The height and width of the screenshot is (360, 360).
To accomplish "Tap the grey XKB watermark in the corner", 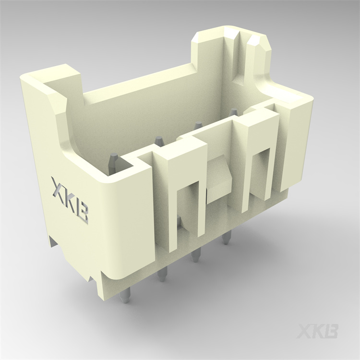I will pyautogui.click(x=317, y=331).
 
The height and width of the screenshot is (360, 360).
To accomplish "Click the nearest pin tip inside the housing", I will pyautogui.click(x=114, y=158).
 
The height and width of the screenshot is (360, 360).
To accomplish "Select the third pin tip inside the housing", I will pyautogui.click(x=197, y=126).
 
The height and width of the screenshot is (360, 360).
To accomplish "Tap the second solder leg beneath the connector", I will pyautogui.click(x=162, y=275).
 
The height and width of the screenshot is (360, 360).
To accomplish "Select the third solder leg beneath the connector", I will pyautogui.click(x=195, y=255).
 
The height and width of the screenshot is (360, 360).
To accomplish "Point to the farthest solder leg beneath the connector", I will pyautogui.click(x=226, y=238).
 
